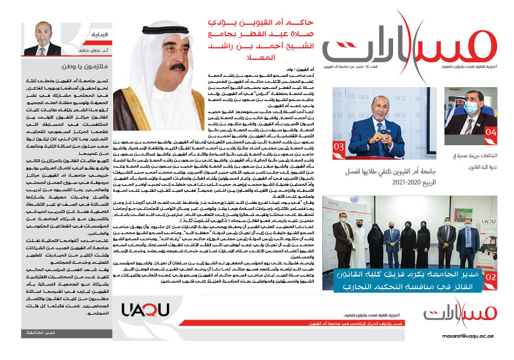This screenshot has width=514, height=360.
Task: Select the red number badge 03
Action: click(340, 147)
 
